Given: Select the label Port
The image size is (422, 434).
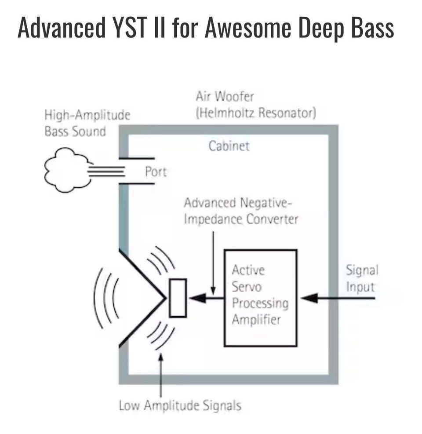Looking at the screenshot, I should [156, 171].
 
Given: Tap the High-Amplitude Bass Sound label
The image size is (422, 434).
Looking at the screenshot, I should [87, 123].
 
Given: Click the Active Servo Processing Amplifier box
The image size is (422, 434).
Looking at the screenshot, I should [260, 298].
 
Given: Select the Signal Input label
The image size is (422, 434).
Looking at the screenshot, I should [361, 278].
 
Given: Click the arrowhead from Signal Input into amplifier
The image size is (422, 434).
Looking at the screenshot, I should [310, 298].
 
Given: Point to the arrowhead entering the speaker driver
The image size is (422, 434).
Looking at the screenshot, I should [198, 298].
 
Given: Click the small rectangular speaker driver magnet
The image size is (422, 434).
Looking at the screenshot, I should [178, 298].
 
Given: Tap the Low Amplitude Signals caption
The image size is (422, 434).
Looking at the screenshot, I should [180, 405].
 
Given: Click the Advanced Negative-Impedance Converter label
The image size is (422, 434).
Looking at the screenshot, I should [240, 211].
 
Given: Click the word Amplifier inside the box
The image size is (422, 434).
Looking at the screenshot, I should [256, 319].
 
